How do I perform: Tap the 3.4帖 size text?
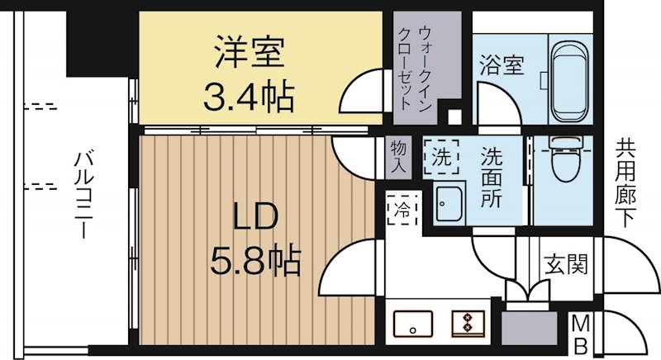[x=249, y=98]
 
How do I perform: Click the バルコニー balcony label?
[x=82, y=195]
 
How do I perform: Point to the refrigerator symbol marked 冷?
[x=399, y=208]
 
